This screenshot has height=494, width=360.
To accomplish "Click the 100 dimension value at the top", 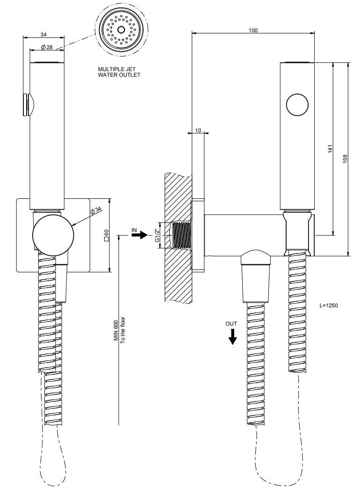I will coord(253,30).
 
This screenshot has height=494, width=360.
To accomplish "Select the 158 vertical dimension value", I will coord(345,159).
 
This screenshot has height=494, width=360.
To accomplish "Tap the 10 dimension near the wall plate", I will coord(198,131).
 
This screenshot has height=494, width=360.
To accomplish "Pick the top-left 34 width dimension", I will coord(43,35).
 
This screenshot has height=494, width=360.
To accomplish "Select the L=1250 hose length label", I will coord(329,305).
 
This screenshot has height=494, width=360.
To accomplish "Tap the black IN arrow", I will coord(139,235).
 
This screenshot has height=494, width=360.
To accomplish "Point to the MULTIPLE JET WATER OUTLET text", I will coord(119,72).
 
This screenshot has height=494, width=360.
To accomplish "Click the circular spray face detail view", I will coord(122,30).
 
